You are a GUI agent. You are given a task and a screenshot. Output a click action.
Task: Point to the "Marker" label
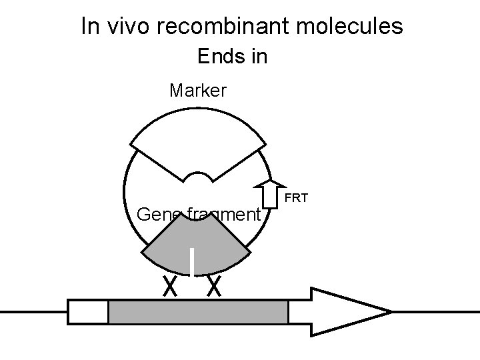[198, 89]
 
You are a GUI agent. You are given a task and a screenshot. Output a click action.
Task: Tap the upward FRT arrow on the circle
[271, 193]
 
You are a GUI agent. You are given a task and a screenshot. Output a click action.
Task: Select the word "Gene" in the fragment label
[157, 215]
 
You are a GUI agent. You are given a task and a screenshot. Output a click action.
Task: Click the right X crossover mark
[214, 287]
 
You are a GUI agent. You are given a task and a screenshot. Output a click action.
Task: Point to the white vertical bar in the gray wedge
[192, 262]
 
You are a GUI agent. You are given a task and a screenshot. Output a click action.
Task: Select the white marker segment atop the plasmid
[198, 140]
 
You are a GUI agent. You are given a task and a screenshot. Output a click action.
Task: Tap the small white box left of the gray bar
[88, 312]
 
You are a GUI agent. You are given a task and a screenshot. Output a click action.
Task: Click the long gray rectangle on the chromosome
[198, 312]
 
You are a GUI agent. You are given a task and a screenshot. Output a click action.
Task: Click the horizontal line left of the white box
[33, 311]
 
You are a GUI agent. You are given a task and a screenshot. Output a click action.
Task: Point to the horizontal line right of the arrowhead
[433, 311]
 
